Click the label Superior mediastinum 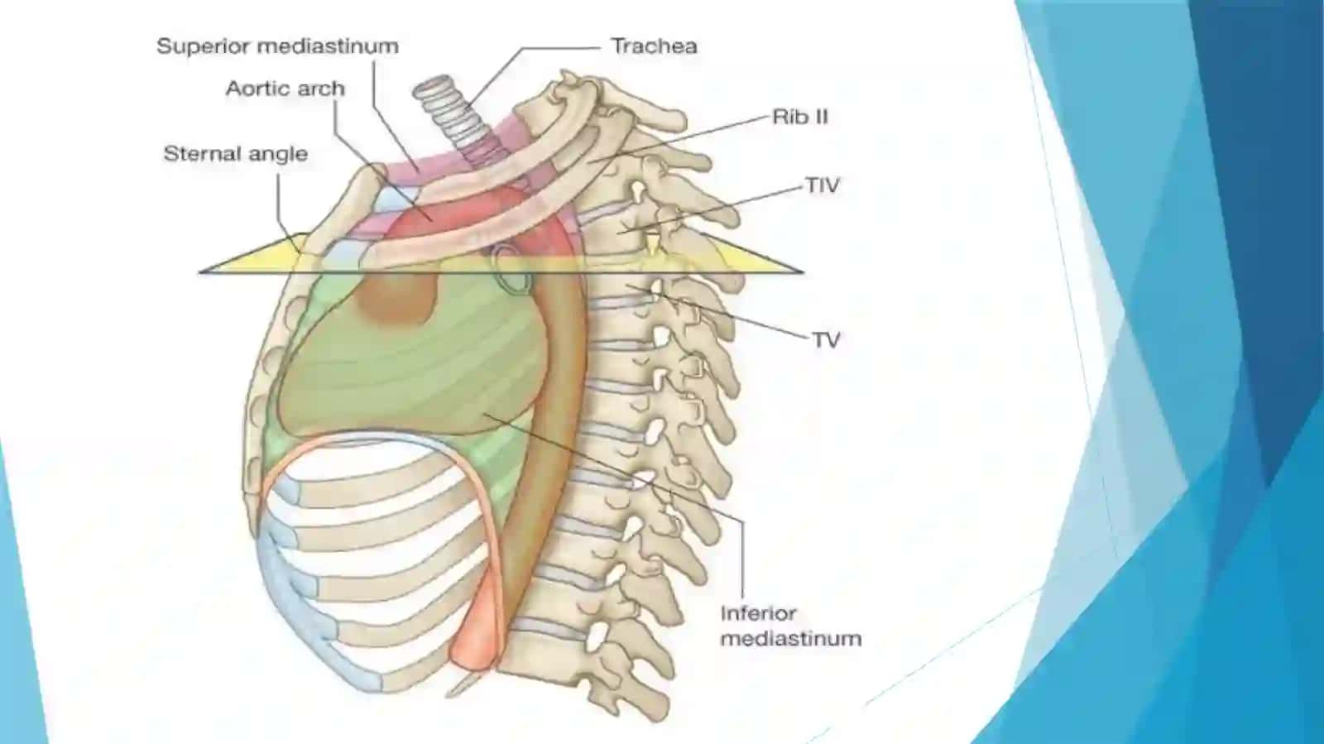pos(277,46)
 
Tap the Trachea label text pos(654,46)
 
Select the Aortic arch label pos(285,89)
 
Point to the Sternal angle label pos(235,154)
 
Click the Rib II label pos(799,117)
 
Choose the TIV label pos(823,186)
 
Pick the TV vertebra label pos(827,340)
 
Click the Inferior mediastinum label pos(791,626)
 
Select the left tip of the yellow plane pos(199,271)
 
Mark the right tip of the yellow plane pos(802,271)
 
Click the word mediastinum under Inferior pos(791,638)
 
